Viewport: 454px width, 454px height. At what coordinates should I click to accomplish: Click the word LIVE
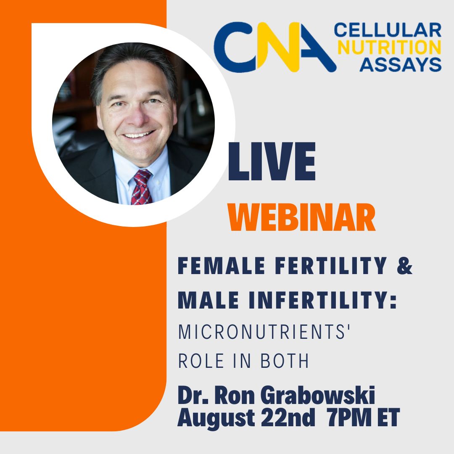(272, 162)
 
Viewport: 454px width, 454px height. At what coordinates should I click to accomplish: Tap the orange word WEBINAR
(301, 218)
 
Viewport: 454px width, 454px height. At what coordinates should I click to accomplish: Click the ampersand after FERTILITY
(404, 267)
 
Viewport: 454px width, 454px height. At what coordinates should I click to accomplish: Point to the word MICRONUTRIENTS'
(265, 332)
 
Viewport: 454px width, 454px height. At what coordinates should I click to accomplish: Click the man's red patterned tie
(140, 187)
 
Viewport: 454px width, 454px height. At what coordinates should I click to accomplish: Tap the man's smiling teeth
(135, 135)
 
